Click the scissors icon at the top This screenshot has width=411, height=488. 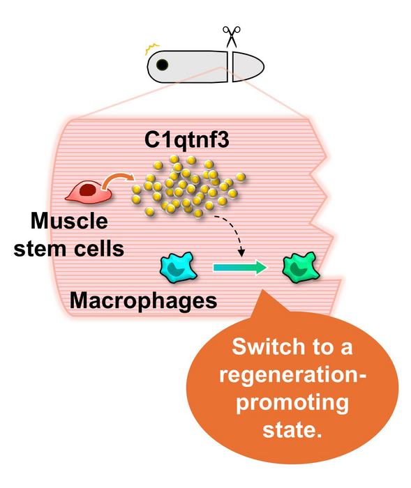click(230, 36)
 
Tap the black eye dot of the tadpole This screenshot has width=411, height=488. click(161, 66)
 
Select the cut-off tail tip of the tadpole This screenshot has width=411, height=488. click(248, 66)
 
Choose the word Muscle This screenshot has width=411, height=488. click(70, 222)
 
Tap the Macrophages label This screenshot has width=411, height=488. click(143, 301)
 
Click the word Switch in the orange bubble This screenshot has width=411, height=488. click(260, 346)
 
